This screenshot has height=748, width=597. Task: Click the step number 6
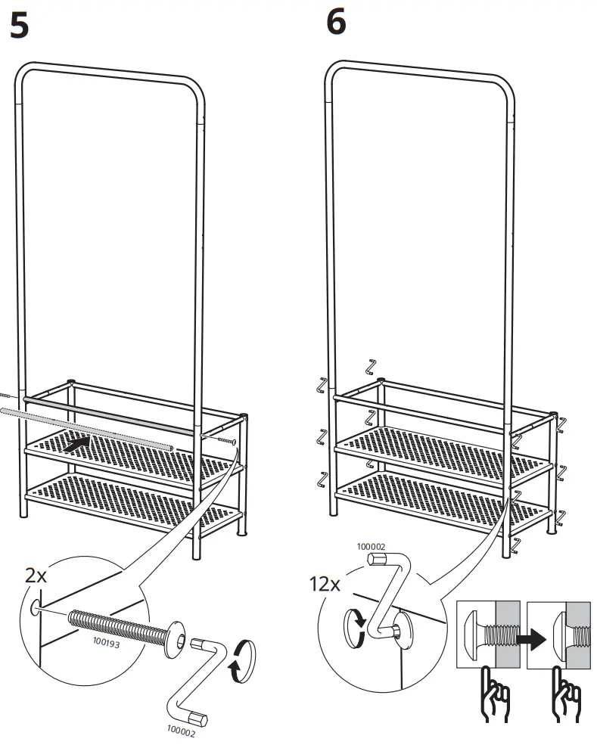pos(336,23)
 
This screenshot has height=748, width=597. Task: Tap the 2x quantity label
pos(36,576)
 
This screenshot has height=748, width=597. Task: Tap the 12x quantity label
pos(325,584)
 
